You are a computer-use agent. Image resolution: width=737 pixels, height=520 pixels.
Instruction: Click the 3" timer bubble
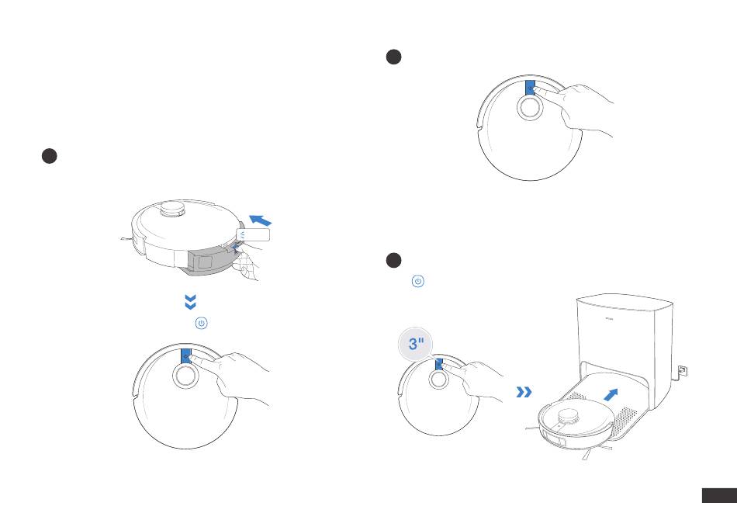click(417, 345)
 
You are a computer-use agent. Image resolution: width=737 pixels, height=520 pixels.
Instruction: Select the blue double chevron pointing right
click(524, 393)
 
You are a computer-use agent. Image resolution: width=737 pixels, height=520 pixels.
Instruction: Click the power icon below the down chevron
click(200, 323)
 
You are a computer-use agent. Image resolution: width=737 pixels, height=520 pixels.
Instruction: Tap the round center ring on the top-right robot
click(530, 108)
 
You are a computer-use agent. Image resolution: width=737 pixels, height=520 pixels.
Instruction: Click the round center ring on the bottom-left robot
click(185, 376)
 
